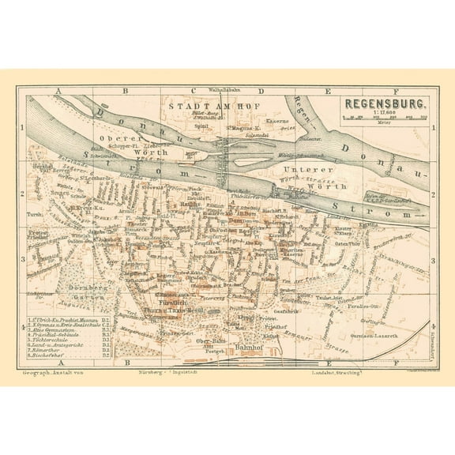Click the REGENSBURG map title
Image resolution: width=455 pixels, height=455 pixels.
(x=385, y=103)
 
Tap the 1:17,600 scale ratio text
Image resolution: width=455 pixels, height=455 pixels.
(x=385, y=112)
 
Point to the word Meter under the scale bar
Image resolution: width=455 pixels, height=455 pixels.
(x=385, y=122)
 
